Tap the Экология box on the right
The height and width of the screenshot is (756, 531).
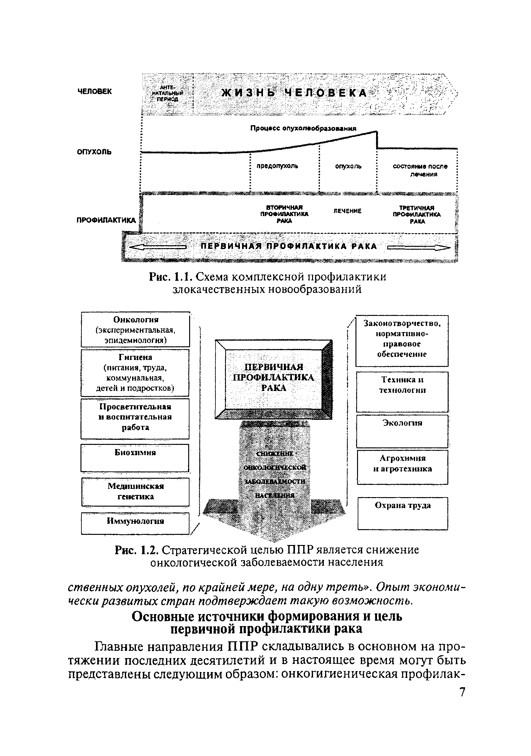tap(402, 431)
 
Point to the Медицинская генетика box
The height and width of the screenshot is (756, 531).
tap(135, 492)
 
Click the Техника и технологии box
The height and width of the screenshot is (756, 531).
tap(402, 392)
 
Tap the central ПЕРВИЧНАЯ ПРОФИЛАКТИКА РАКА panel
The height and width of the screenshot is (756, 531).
tap(273, 378)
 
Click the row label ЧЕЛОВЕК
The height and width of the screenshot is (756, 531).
tap(94, 92)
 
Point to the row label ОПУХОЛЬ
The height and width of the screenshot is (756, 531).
tap(94, 152)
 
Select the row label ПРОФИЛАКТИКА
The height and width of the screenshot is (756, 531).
tap(106, 220)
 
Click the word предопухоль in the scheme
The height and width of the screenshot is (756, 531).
tap(278, 166)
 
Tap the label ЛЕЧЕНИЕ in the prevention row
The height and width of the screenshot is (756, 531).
tap(347, 211)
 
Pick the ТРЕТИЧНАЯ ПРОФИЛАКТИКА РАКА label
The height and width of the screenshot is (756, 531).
tap(416, 215)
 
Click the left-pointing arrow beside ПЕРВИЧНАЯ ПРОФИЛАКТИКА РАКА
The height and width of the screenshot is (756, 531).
tap(157, 247)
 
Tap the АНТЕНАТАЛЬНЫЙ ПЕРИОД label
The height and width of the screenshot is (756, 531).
tap(168, 93)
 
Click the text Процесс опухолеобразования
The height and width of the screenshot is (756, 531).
tap(303, 128)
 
